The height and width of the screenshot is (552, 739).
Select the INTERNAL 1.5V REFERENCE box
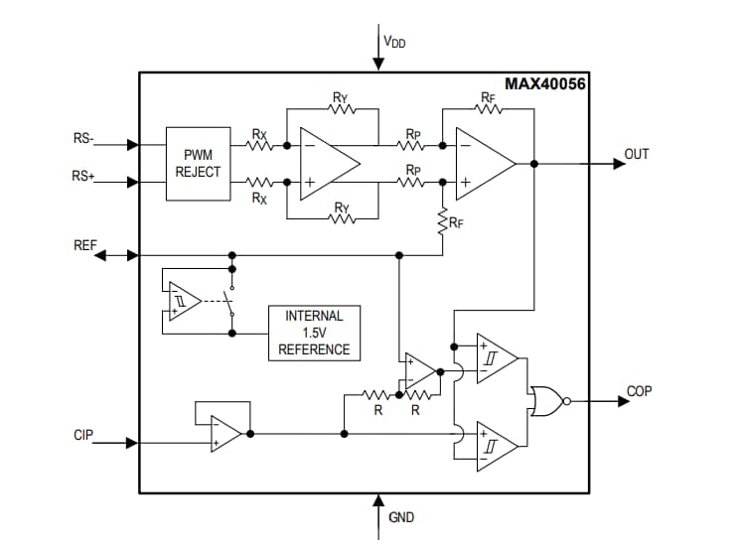[314, 333]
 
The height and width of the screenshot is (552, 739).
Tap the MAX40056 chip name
[544, 84]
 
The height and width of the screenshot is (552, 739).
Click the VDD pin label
[394, 42]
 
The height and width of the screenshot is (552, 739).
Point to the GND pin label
[401, 517]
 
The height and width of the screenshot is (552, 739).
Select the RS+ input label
[83, 176]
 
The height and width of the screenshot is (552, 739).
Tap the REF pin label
[85, 243]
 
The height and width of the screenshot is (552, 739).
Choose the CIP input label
[84, 435]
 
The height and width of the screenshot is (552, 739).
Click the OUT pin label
[636, 155]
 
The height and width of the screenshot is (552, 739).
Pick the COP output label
[639, 391]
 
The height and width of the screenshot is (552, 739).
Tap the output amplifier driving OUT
[485, 164]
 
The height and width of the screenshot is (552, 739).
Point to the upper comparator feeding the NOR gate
[496, 357]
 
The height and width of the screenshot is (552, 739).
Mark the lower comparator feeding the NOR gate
[496, 445]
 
